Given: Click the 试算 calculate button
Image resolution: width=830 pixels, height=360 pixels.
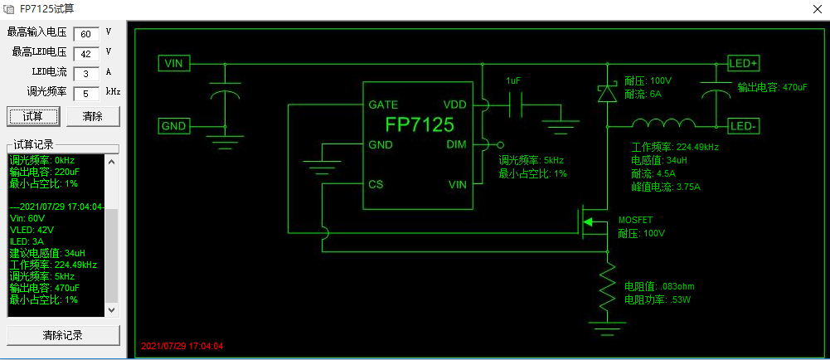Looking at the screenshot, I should [32, 116].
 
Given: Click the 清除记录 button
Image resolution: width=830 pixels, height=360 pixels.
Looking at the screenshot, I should [63, 335].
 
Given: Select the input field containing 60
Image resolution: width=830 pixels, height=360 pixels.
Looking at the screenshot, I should [85, 34].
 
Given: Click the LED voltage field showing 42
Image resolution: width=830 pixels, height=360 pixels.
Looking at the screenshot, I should [85, 54].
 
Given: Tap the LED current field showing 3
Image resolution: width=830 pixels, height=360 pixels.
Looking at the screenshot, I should [85, 74].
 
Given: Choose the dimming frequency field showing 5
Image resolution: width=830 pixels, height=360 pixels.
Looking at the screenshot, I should [85, 94].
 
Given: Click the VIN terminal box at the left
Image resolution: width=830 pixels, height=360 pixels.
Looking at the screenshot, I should [174, 63].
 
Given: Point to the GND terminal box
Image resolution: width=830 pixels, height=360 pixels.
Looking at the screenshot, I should [174, 126].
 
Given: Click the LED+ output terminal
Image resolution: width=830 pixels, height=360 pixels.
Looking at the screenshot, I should [743, 63].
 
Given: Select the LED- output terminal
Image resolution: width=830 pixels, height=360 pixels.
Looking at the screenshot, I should [743, 126].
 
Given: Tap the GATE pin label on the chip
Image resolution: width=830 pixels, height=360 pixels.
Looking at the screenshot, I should [383, 105].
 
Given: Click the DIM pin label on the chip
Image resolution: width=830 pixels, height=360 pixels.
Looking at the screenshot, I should [457, 144].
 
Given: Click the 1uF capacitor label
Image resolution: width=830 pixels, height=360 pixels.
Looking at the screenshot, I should [514, 80].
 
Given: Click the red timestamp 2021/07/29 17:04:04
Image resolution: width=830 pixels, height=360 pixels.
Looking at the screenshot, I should [182, 346].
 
